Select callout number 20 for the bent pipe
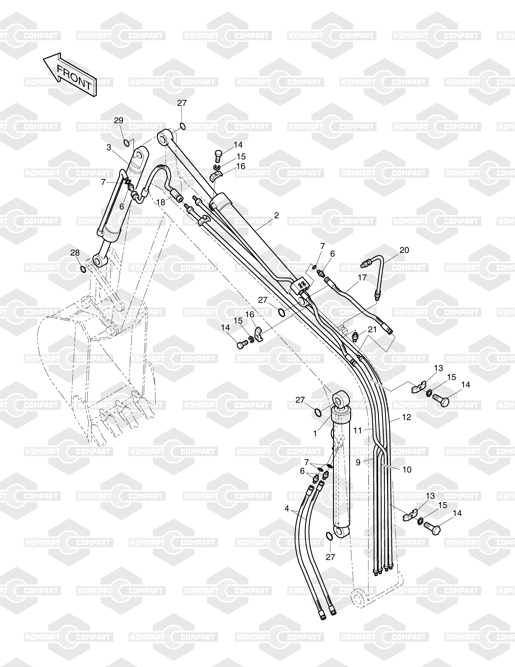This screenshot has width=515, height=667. [x=404, y=250]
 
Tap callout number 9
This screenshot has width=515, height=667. [x=358, y=462]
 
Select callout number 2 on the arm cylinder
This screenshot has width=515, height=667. [x=276, y=215]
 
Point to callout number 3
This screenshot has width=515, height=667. [x=109, y=147]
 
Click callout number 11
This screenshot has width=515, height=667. [x=358, y=430]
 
